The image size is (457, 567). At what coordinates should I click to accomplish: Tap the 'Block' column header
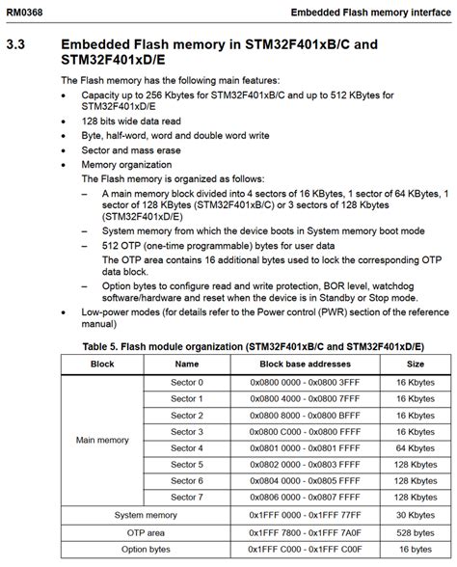[102, 364]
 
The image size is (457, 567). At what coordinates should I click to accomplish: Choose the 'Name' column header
[187, 364]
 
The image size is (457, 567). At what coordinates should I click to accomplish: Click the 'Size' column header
[415, 364]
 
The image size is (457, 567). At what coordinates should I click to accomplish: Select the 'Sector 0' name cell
[187, 383]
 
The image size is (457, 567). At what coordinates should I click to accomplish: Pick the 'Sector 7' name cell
[187, 498]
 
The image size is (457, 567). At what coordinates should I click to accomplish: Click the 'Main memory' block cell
[102, 440]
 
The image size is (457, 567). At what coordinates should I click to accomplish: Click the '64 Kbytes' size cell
[415, 448]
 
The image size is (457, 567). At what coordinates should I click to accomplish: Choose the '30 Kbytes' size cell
[415, 515]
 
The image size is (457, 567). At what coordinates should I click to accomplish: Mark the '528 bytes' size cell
[415, 531]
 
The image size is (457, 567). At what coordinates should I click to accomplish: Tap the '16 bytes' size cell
[415, 548]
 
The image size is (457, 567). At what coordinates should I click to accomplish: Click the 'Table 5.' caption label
[106, 345]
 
